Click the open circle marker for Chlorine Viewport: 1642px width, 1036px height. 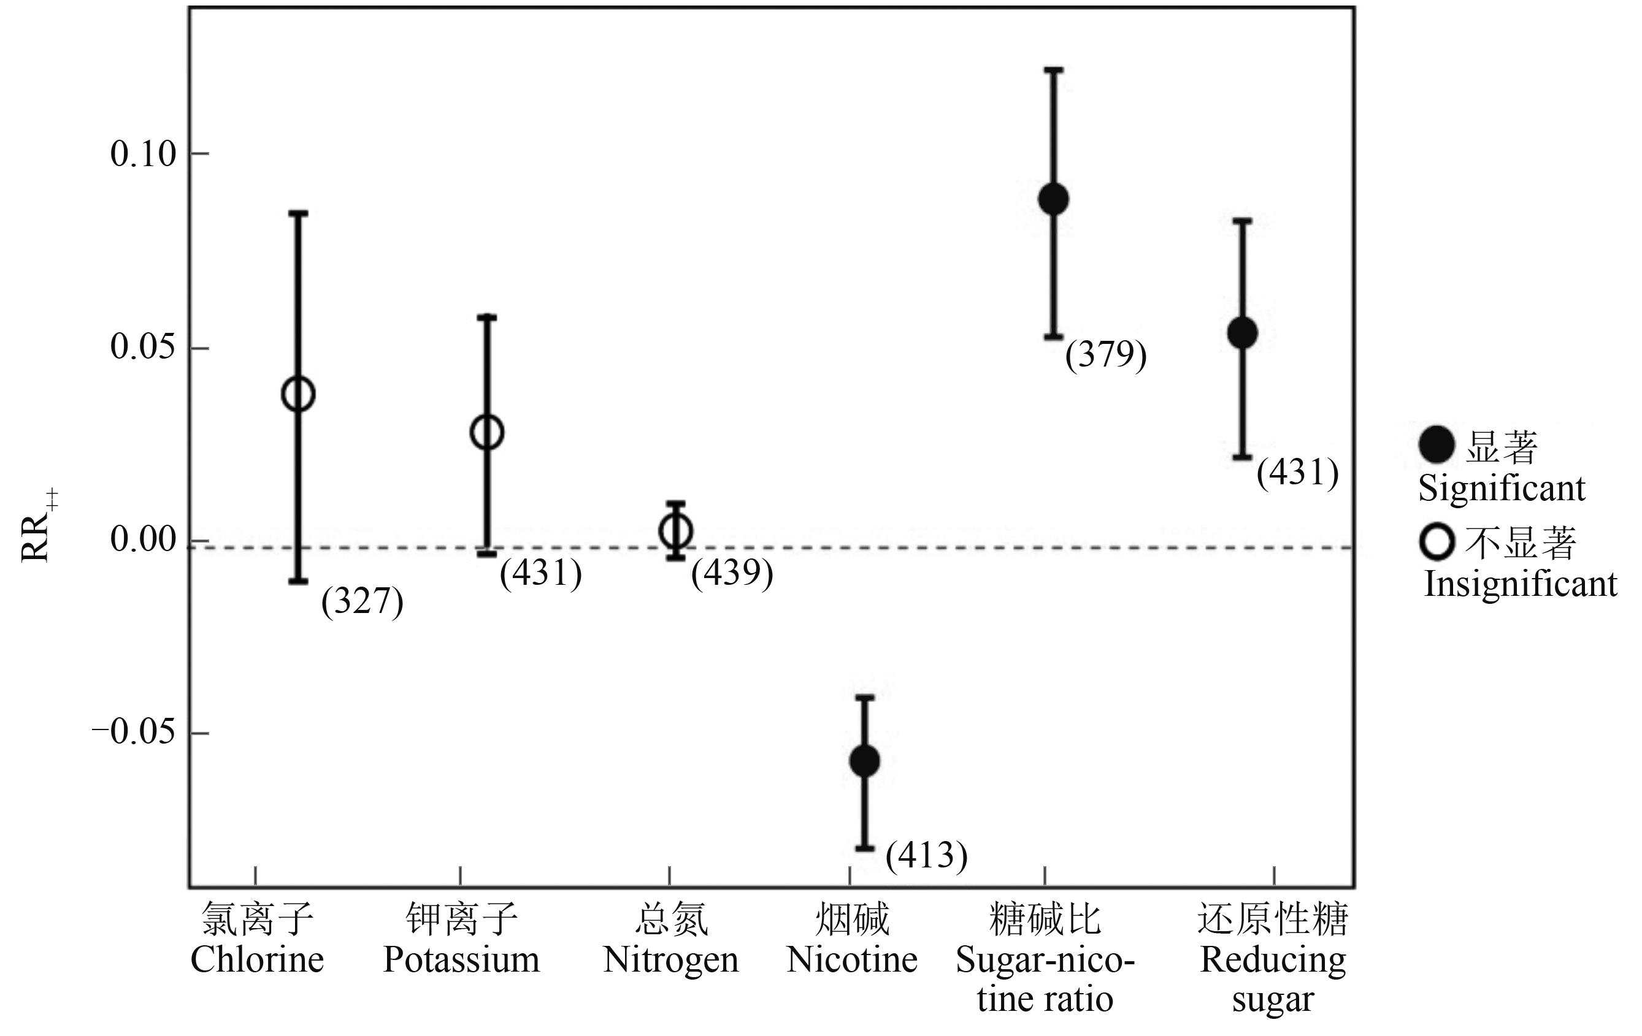point(298,394)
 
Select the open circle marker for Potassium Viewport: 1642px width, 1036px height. point(487,432)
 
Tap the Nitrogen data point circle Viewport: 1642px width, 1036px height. point(676,531)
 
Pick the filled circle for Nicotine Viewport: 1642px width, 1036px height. point(864,761)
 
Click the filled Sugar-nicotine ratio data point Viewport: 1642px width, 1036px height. point(1054,199)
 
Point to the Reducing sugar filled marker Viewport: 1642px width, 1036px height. point(1243,333)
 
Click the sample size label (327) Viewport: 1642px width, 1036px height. point(362,601)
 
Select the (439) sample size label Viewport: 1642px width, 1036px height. point(732,573)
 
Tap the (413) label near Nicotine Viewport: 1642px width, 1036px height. point(926,855)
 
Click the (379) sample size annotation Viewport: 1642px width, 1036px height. point(1105,354)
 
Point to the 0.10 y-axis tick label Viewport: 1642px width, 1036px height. point(143,154)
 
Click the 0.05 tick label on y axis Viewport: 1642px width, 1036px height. point(143,348)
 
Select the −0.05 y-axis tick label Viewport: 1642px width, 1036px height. point(134,733)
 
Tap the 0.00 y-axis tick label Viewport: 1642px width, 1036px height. point(143,540)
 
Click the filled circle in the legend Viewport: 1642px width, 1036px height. point(1436,445)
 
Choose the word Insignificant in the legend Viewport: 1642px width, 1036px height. point(1521,584)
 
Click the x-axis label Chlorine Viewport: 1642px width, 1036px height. point(257,959)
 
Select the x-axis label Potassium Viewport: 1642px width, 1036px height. point(461,959)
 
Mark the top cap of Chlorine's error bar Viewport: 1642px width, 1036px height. point(299,213)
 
